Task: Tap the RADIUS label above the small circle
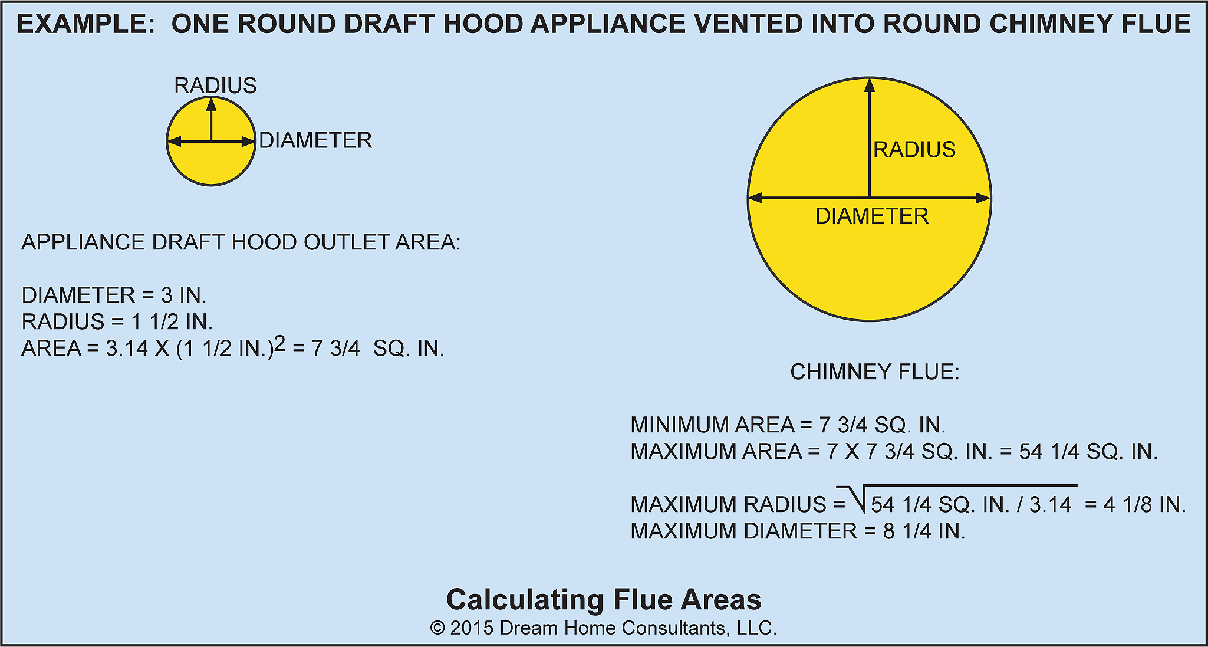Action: [215, 86]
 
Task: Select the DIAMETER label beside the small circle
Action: [315, 140]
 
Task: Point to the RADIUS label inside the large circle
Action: [914, 150]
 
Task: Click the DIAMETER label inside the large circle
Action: [871, 216]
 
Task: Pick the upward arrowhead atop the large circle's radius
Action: [869, 86]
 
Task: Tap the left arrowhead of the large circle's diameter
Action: [756, 198]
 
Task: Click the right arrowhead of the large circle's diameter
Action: [982, 198]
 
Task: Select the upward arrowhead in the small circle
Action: [211, 105]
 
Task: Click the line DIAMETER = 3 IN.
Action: [114, 295]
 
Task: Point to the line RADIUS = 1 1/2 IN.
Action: [117, 322]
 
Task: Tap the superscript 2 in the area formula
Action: [279, 343]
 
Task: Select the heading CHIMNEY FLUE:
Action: [874, 372]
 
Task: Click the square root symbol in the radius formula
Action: [852, 500]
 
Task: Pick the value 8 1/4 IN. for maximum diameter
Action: [924, 531]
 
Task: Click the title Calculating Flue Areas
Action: [604, 599]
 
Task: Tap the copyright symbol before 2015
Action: [437, 628]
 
